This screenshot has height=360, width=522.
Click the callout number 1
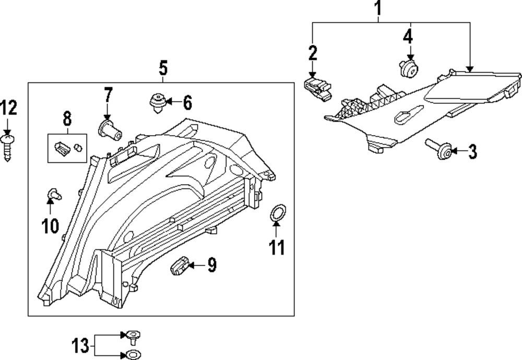point(379,8)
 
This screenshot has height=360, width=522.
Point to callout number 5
point(163,68)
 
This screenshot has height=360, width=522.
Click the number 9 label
point(211,266)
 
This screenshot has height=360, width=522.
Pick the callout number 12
point(8,109)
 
